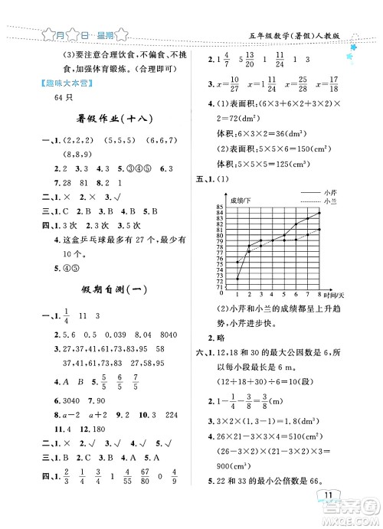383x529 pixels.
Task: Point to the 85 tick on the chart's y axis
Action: [x=221, y=207]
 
